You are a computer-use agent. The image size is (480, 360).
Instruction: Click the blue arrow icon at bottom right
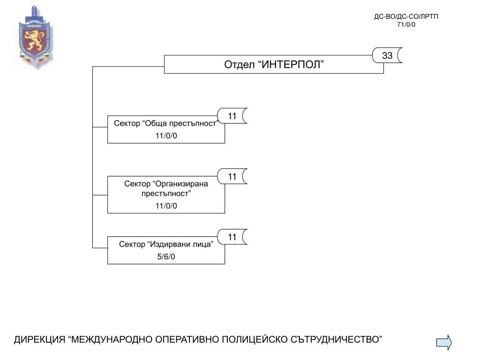[444, 342]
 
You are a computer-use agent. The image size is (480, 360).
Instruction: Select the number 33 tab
[387, 55]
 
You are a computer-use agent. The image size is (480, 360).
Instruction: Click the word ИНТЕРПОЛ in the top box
[292, 65]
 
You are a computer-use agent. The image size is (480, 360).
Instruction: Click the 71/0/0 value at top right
[406, 25]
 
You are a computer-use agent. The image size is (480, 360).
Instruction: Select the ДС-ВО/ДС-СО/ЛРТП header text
[406, 16]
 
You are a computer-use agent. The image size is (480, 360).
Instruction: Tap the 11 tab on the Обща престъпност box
[232, 116]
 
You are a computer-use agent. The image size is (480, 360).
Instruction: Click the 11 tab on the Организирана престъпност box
[232, 176]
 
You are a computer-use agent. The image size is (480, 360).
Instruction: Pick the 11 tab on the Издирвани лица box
[232, 237]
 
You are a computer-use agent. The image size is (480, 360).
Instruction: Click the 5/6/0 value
[166, 257]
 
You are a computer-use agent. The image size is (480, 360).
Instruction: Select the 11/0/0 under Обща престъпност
[166, 136]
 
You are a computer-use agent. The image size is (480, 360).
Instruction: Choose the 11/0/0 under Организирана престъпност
[166, 206]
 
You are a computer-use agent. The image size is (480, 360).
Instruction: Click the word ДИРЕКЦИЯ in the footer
[39, 339]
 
